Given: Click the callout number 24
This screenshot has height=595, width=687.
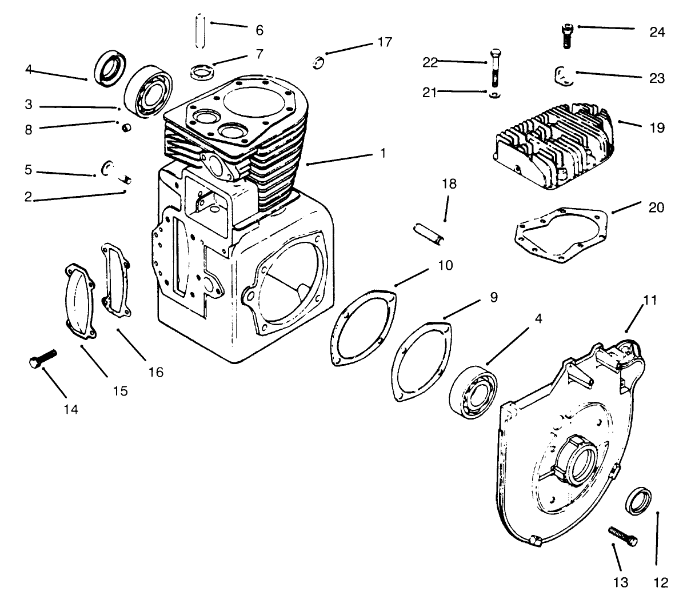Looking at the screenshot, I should pos(657,32).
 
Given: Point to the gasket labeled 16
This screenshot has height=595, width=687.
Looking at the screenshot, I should pos(115,280).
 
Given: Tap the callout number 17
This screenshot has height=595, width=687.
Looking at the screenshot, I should pos(384,42).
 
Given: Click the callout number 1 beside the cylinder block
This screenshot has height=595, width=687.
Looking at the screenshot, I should pos(382,153).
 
